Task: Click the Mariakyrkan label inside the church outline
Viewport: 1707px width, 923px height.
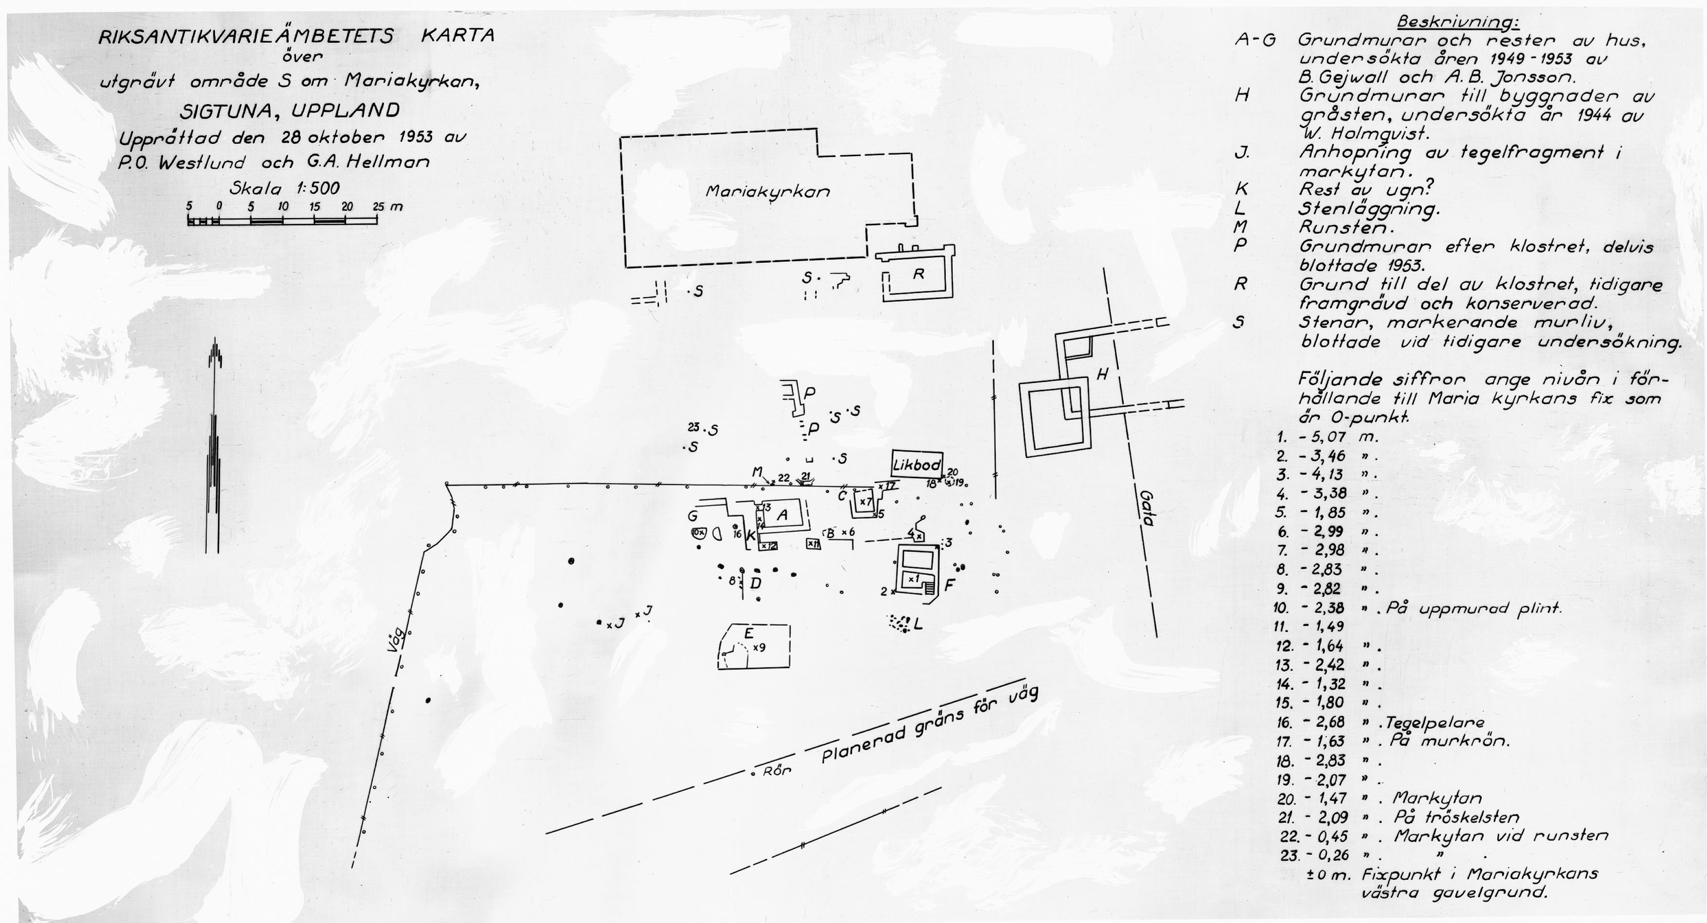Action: (x=767, y=192)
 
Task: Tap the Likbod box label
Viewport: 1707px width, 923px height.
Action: (x=916, y=465)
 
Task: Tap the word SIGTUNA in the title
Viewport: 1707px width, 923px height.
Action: (x=220, y=110)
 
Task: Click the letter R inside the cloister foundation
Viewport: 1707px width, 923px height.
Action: (x=918, y=273)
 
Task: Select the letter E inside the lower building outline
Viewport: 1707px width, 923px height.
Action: (x=749, y=633)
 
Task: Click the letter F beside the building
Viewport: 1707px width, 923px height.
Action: (x=949, y=585)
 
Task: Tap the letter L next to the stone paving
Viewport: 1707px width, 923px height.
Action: (x=918, y=624)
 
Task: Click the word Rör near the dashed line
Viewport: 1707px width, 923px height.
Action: (x=777, y=771)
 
